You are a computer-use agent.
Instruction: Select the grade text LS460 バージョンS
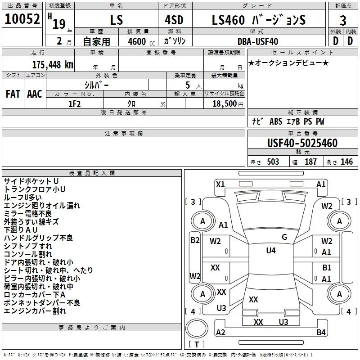[x=258, y=20]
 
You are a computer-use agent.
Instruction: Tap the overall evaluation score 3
[x=343, y=21]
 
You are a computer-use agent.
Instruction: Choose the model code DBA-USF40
[x=257, y=41]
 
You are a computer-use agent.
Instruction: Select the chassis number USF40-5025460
[x=302, y=144]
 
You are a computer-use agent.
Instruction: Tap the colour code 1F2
[x=75, y=103]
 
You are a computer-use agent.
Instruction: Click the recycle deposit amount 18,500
[x=225, y=103]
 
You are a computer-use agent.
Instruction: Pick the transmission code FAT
[x=13, y=94]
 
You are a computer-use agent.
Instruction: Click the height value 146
[x=346, y=162]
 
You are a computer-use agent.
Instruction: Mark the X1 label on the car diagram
[x=220, y=184]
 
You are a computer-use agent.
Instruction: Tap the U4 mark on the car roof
[x=271, y=250]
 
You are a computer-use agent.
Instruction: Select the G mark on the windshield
[x=284, y=237]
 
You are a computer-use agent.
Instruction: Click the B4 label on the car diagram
[x=321, y=333]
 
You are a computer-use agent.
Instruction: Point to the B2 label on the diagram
[x=194, y=240]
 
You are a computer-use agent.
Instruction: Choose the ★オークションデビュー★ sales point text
[x=288, y=62]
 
